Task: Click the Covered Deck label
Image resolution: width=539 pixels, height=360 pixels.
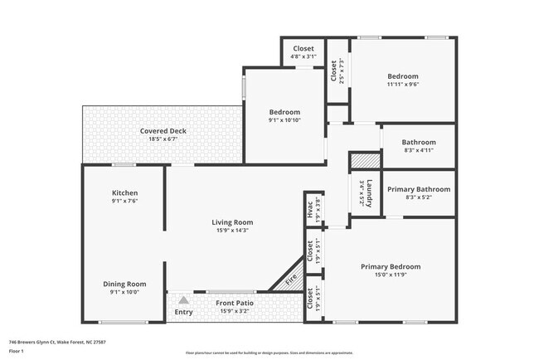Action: click(163, 131)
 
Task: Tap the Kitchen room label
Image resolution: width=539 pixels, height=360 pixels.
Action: click(124, 193)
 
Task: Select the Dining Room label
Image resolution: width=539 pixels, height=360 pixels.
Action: click(124, 284)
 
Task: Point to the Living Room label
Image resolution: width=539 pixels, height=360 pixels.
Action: click(232, 222)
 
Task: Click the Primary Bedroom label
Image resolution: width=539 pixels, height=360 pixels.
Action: click(390, 267)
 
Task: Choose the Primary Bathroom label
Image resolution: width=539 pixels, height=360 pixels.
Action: click(419, 189)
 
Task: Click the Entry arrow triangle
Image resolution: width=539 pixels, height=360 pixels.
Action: click(183, 299)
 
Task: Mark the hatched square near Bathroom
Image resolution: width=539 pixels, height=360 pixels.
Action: click(363, 162)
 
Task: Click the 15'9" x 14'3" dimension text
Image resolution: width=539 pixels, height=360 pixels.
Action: click(232, 231)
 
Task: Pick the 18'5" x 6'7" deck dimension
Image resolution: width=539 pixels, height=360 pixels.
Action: click(163, 139)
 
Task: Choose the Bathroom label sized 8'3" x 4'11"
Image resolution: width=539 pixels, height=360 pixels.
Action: click(419, 142)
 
